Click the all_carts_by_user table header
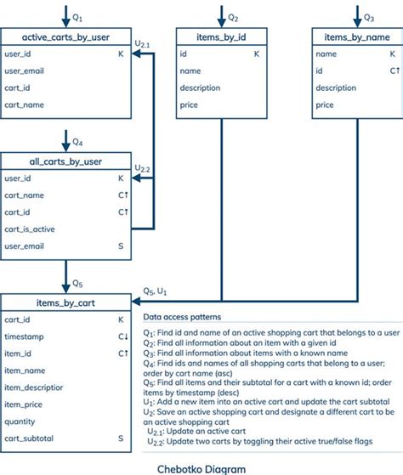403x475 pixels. (65, 161)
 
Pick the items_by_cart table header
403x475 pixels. (66, 301)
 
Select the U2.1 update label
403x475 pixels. (143, 42)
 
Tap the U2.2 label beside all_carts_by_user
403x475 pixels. (143, 168)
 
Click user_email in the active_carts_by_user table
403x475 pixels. (24, 71)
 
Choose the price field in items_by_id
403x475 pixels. (189, 105)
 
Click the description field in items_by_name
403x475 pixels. (336, 88)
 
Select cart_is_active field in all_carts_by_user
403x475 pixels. (31, 229)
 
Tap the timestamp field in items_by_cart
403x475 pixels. (24, 336)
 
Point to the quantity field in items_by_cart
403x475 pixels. (20, 421)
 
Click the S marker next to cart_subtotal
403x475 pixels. (121, 438)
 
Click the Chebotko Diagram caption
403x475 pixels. (200, 467)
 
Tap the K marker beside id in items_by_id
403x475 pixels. (256, 54)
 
